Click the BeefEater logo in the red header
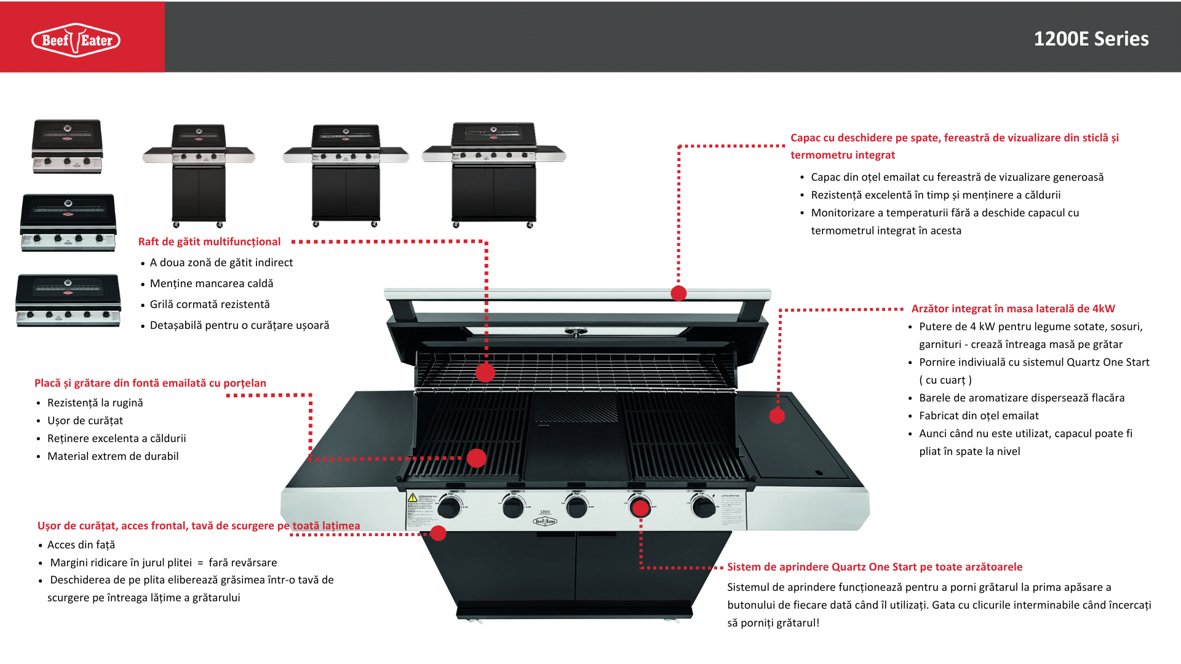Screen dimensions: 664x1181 [76, 40]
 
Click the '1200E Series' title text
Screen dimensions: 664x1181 [1091, 39]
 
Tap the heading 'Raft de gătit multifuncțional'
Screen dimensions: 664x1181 [209, 242]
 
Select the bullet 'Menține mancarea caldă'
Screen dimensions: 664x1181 [212, 283]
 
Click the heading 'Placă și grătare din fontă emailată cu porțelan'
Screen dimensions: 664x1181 [150, 383]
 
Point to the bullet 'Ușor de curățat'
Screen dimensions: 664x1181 [85, 421]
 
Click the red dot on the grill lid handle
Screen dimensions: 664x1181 [678, 293]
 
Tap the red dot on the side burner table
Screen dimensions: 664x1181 [777, 416]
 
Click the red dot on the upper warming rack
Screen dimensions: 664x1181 [485, 372]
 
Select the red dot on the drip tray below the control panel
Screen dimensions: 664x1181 [438, 533]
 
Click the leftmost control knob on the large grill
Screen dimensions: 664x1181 [449, 508]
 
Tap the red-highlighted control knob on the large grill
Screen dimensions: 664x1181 [640, 508]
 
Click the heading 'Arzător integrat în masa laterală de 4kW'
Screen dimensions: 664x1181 [1012, 309]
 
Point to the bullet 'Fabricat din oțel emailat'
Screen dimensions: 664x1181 [979, 416]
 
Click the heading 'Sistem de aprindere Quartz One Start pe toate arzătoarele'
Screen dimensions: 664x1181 [875, 567]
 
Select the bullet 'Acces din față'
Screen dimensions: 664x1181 [81, 545]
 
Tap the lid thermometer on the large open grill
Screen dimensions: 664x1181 [575, 333]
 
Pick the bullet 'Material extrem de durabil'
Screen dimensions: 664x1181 [113, 456]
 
